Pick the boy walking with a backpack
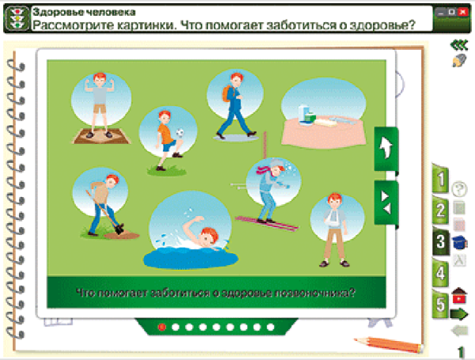pos(235,103)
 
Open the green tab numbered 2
pos(439,210)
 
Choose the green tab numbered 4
pos(439,273)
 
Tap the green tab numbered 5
pos(439,303)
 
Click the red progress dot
pos(162,326)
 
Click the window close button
pos(464,13)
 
